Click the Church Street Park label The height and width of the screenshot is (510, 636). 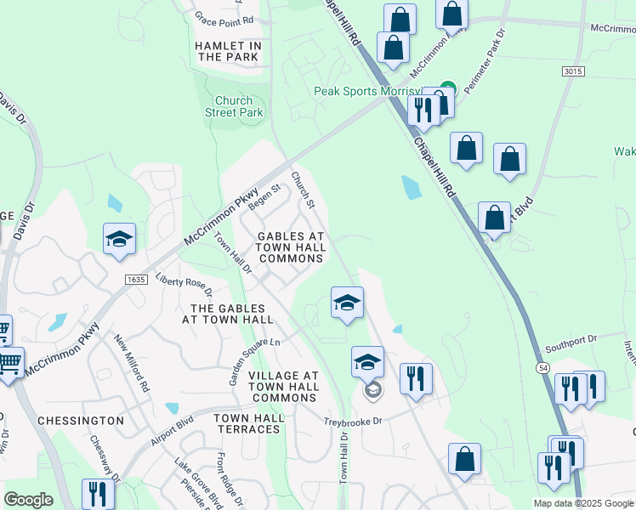[234, 106]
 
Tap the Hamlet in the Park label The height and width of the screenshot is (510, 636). [229, 51]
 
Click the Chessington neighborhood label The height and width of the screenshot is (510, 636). [81, 421]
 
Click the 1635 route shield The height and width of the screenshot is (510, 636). [136, 279]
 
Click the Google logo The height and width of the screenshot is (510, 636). [28, 500]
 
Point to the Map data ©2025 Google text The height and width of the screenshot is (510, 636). [582, 503]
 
